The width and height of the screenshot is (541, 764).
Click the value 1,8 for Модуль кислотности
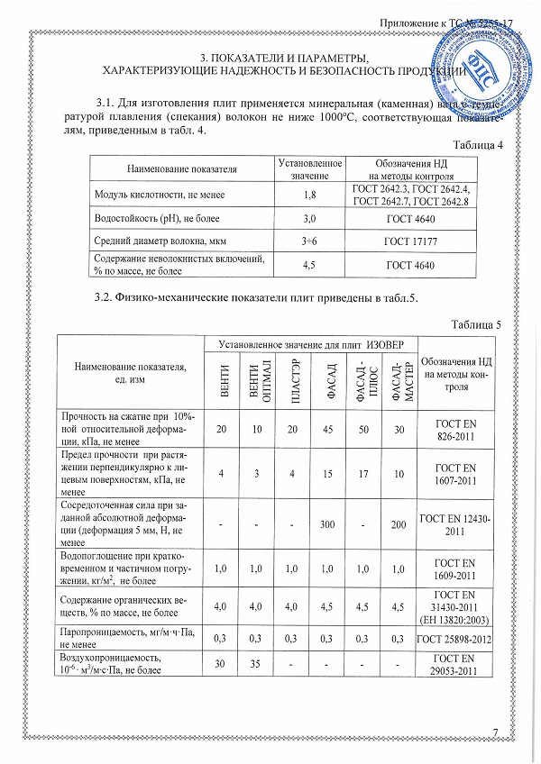310,195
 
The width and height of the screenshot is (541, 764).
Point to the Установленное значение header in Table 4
310,168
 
